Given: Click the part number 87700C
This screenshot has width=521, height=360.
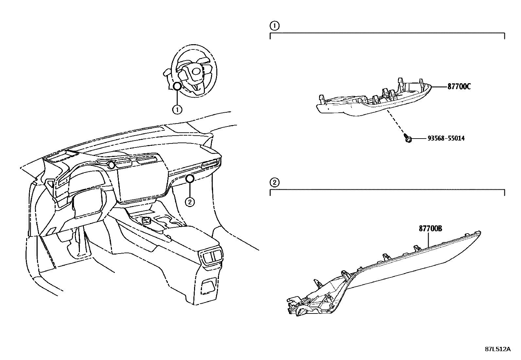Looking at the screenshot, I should coord(459,87).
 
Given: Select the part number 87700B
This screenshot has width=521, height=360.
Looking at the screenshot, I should coord(430,229).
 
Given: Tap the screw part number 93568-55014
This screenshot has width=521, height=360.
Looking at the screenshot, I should coord(446,139).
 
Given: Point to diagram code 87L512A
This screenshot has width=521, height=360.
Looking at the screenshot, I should coord(497,349).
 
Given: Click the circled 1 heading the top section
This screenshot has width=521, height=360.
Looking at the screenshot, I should coord(274,26).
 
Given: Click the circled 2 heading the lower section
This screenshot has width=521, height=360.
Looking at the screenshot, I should coord(274,182).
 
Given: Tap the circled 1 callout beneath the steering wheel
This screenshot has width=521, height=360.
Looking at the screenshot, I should coord(177,109).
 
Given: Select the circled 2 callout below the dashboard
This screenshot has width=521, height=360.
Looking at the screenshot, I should coord(189,202).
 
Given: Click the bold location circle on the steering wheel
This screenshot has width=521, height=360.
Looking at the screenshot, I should coord(177,86).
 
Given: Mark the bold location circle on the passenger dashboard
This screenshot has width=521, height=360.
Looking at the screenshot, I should coord(189,178).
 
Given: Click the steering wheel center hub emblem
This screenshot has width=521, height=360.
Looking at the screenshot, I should coord(196,71).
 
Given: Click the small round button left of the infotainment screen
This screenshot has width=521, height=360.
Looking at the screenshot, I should coord(112,165).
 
